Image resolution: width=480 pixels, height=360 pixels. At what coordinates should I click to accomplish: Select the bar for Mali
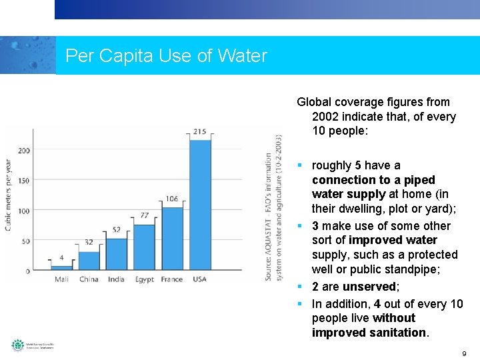pos(61,268)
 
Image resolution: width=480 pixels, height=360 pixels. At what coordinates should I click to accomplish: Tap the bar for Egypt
pos(144,247)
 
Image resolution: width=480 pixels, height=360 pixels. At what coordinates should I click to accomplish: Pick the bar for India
pos(117,254)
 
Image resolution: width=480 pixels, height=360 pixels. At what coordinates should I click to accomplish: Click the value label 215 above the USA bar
pos(199,131)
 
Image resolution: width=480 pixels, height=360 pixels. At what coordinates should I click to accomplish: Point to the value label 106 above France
pos(171,199)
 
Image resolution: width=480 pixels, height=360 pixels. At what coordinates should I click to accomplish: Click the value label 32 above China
pos(89,243)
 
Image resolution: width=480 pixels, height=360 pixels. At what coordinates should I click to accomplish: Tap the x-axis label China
pos(89,279)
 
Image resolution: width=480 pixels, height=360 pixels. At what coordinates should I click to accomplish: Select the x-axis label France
pos(171,279)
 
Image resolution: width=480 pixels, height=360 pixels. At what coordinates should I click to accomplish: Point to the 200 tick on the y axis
pos(23,151)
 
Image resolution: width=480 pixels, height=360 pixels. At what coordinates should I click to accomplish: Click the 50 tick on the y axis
pos(25,241)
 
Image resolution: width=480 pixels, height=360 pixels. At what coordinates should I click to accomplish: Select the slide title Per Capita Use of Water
pos(166,56)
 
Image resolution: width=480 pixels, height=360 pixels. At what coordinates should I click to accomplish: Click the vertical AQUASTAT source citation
pos(273,207)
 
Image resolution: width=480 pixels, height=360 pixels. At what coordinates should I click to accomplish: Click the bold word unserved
pos(369,287)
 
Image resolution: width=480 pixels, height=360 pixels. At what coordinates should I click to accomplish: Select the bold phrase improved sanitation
pos(369,333)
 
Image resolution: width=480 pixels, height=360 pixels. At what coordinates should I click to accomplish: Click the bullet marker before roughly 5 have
pos(301,165)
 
